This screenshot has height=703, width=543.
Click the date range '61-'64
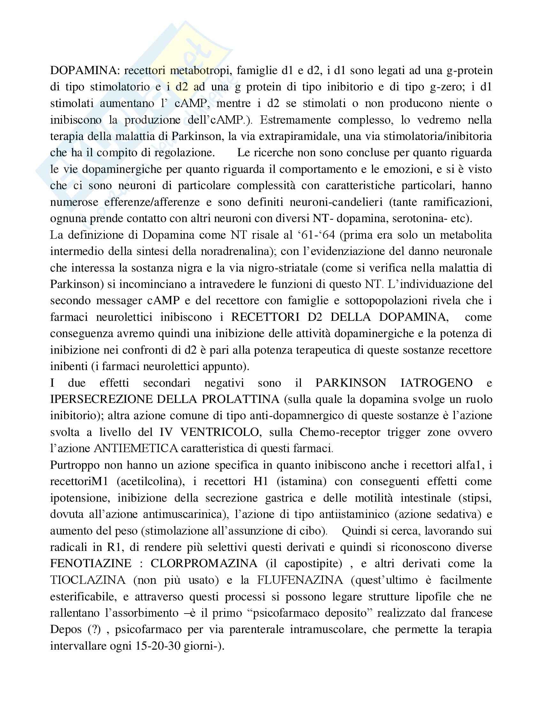[314, 235]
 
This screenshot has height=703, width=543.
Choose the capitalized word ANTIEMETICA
[136, 448]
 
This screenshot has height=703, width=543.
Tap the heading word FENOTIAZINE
[91, 563]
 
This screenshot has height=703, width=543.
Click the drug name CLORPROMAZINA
[204, 563]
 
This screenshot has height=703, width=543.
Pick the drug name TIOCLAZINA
[88, 580]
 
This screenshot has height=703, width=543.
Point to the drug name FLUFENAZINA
[300, 580]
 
